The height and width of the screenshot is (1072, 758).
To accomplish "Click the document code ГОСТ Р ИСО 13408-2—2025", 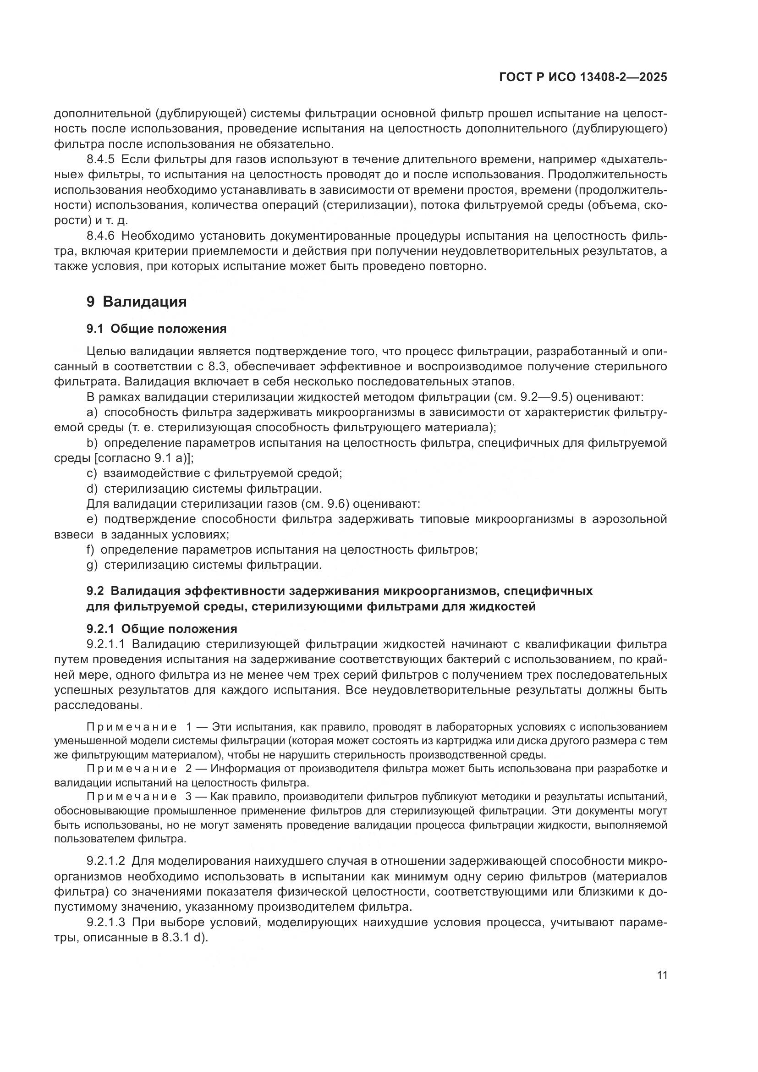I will point(583,77).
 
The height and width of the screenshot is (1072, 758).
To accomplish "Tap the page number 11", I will point(662,976).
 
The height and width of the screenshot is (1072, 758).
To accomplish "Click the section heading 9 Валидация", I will point(136,302).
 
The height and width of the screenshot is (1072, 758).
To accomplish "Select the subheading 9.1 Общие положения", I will point(156,329).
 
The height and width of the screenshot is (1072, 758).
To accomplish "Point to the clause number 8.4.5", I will point(100,159).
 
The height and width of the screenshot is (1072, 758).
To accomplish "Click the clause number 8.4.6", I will point(100,236).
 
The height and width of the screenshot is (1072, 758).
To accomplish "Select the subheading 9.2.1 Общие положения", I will point(161,628).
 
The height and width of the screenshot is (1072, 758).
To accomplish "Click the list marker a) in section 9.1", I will point(92,412).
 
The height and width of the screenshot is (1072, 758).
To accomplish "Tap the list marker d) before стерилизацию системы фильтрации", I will point(92,489).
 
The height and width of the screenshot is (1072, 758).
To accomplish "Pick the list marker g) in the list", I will point(92,565).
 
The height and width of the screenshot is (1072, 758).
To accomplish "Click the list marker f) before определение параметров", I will point(91,550).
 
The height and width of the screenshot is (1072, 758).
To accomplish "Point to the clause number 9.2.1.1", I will point(106,644).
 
